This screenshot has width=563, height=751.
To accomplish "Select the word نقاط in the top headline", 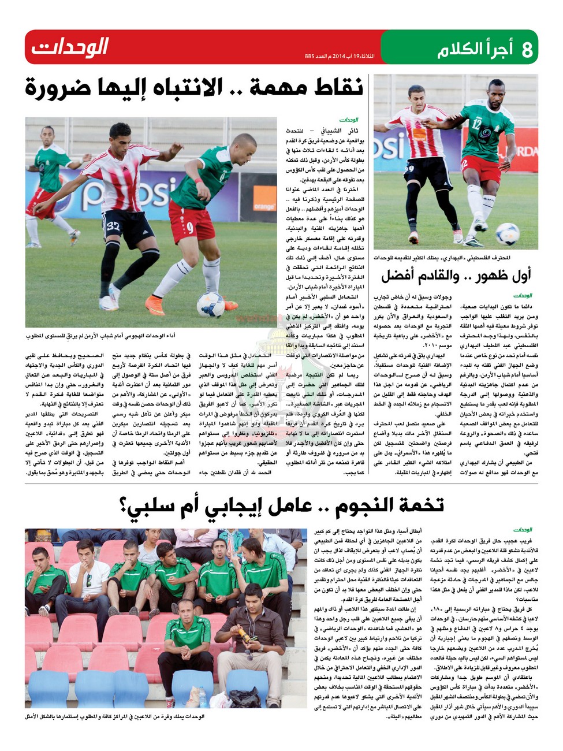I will click(335, 88).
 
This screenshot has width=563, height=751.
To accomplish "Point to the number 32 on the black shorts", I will click(114, 226).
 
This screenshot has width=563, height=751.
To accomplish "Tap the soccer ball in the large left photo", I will click(210, 304).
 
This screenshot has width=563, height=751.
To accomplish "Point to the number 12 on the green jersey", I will click(476, 122).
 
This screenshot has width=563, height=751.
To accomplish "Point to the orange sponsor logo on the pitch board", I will click(264, 206).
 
